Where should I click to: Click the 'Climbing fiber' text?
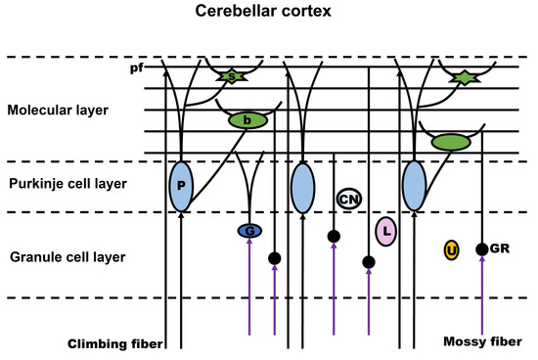113,343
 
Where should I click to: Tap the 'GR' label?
500,249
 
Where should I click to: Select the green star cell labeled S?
230,75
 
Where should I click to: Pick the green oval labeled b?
247,121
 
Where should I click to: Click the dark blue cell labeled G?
250,231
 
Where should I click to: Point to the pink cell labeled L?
386,231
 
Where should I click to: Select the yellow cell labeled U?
451,250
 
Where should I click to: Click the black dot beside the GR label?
481,249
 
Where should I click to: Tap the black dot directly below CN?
334,236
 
